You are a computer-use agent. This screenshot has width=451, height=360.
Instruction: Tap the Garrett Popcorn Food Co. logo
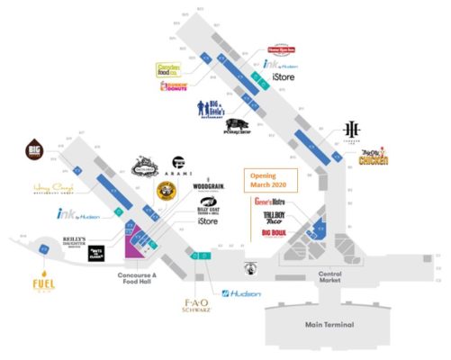(x=170, y=67)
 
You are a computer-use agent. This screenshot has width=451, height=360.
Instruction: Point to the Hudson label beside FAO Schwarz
(x=242, y=293)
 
